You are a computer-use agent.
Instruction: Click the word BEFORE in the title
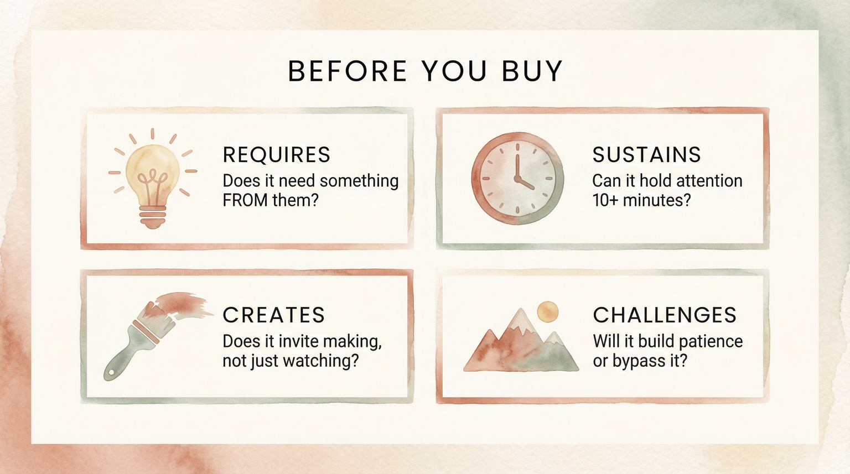pyautogui.click(x=348, y=71)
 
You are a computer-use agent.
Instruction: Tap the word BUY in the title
pyautogui.click(x=532, y=71)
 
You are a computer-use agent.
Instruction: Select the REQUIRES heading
pyautogui.click(x=276, y=155)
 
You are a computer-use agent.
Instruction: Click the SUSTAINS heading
pyautogui.click(x=646, y=155)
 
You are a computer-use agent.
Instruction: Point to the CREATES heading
pyautogui.click(x=273, y=315)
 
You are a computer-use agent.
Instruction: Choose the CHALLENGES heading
pyautogui.click(x=665, y=315)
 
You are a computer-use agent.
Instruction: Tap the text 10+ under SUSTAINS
pyautogui.click(x=605, y=200)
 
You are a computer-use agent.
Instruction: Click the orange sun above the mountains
pyautogui.click(x=548, y=311)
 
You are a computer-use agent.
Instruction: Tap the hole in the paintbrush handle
pyautogui.click(x=111, y=372)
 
